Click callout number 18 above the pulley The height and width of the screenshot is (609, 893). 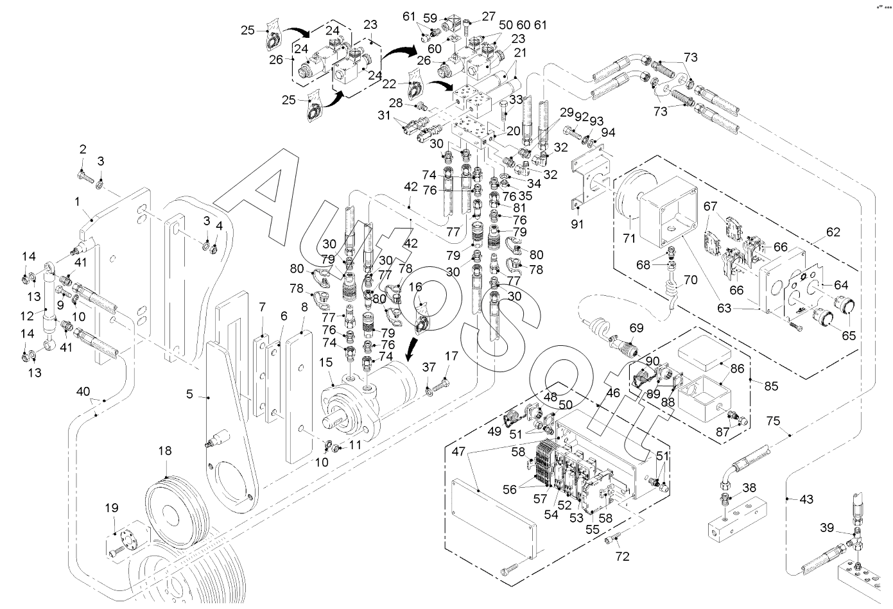pyautogui.click(x=166, y=451)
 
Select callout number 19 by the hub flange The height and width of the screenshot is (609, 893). pyautogui.click(x=112, y=508)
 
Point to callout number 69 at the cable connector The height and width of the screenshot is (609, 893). pyautogui.click(x=636, y=328)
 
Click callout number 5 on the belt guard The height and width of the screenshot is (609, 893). pyautogui.click(x=189, y=393)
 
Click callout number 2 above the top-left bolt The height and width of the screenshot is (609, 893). pyautogui.click(x=83, y=149)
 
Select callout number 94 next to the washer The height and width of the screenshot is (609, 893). pyautogui.click(x=608, y=132)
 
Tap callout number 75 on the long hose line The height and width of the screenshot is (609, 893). pyautogui.click(x=774, y=421)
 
